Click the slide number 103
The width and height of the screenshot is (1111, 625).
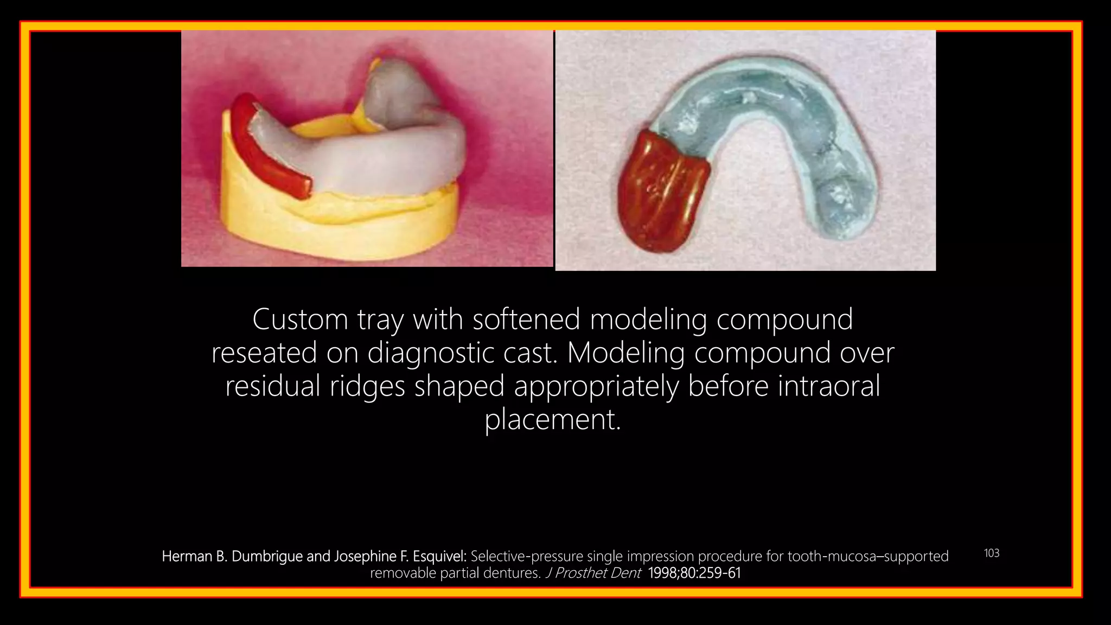[991, 553]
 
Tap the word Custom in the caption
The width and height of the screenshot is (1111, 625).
[300, 320]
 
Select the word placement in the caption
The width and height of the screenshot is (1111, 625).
[552, 420]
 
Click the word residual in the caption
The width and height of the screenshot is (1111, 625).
[273, 386]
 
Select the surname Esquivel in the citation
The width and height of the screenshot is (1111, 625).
[439, 557]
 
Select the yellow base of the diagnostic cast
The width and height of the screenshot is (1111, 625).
[336, 228]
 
